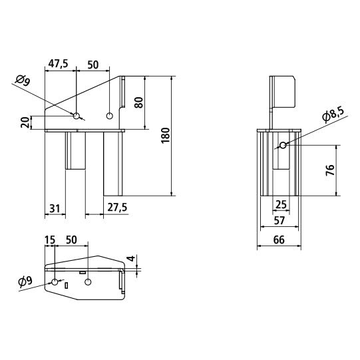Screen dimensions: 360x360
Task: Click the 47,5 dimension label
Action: [59, 64]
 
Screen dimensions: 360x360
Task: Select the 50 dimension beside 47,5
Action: [93, 65]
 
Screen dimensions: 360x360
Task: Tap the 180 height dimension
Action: [166, 136]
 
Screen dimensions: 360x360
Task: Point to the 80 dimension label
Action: [139, 102]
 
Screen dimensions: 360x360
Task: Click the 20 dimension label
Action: [25, 122]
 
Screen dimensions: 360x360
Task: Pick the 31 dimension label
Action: [55, 208]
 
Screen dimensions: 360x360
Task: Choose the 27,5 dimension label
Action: [117, 208]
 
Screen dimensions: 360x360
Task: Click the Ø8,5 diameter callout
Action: [333, 114]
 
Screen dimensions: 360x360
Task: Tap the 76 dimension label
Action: [330, 170]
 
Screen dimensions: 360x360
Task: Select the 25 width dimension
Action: [281, 204]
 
